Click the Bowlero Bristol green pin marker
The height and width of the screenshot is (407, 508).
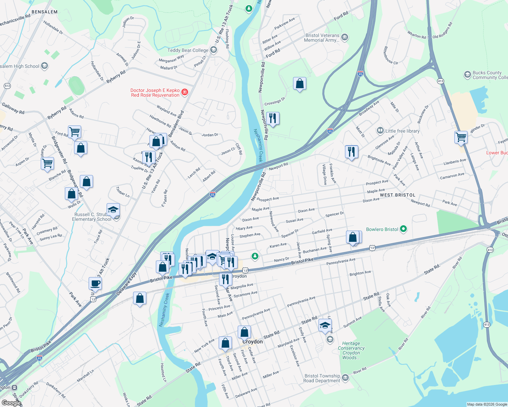tap(403, 229)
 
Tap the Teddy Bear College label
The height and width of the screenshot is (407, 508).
tap(188, 50)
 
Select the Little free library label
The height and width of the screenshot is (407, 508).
tap(402, 131)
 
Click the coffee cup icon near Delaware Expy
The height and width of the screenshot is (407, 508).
tap(95, 283)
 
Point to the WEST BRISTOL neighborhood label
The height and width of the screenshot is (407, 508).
tap(397, 195)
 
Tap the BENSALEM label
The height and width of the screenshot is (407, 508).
tap(44, 12)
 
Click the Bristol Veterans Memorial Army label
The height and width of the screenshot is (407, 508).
tap(322, 38)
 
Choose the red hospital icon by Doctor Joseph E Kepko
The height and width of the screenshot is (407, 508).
tap(185, 92)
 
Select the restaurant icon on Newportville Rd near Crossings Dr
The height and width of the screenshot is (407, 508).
tap(273, 118)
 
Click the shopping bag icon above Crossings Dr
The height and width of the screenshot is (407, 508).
tap(300, 83)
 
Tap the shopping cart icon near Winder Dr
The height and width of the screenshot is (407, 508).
tap(461, 137)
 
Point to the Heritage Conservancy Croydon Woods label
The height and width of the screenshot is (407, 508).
tap(351, 350)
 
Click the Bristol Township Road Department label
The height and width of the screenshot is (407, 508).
tap(322, 378)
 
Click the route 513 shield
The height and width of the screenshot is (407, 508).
tap(7, 86)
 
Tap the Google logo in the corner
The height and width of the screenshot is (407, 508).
tap(11, 403)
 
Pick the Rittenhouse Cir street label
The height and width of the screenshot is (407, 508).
tap(390, 55)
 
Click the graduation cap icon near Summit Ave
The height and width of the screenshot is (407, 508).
tap(325, 325)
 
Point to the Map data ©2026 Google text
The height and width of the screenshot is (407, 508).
tap(487, 404)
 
